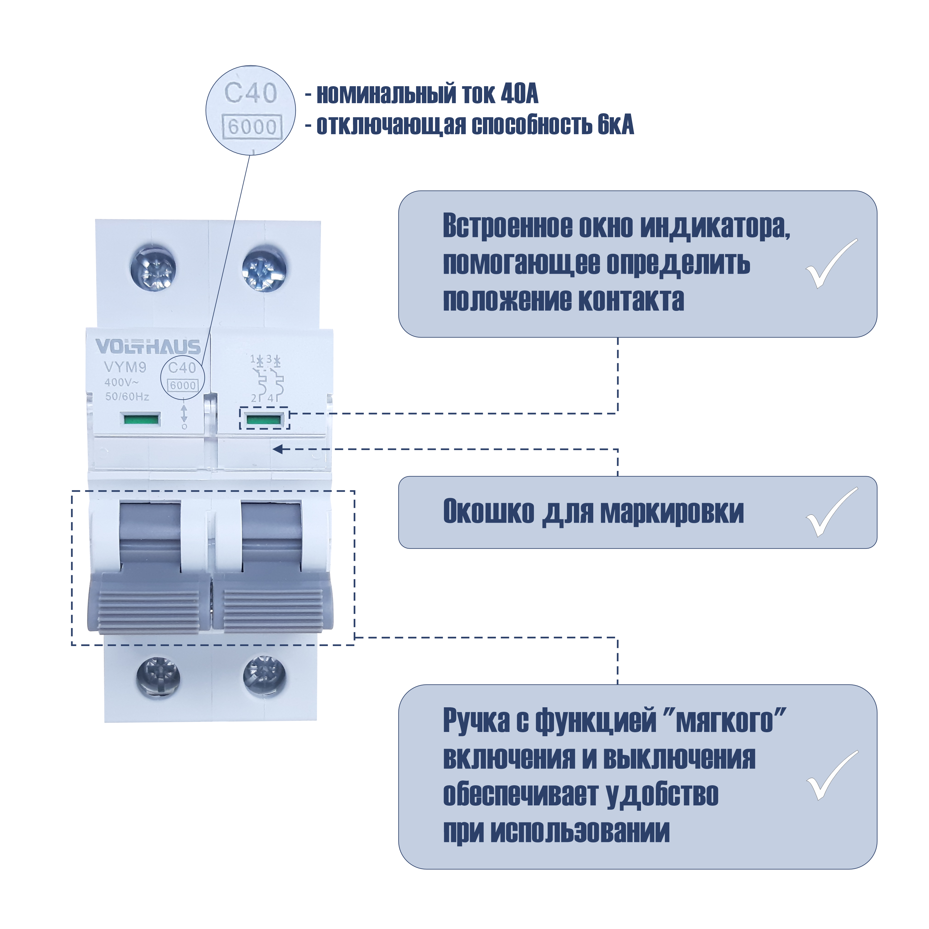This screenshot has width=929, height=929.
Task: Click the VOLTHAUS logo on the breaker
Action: [148, 347]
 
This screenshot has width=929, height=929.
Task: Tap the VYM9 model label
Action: [125, 367]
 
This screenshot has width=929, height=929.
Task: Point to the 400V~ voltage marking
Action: [122, 382]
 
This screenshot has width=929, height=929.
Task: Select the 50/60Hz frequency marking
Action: [127, 397]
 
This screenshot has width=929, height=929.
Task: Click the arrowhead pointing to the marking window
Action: [278, 449]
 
